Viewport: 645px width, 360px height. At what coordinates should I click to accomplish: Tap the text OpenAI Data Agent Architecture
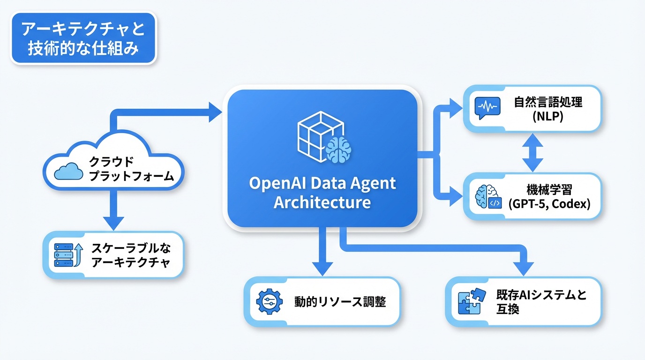(322, 192)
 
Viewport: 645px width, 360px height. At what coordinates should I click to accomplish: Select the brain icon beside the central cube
(338, 150)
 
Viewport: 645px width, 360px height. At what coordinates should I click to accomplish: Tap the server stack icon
(64, 255)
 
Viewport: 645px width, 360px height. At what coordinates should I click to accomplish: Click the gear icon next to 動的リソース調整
(270, 301)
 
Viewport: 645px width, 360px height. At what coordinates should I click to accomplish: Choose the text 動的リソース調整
(340, 301)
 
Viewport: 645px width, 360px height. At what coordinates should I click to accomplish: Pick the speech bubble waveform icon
(486, 108)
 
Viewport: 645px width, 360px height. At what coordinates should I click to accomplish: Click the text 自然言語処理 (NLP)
(548, 108)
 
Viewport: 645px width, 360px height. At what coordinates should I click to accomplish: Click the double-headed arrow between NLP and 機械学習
(532, 152)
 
